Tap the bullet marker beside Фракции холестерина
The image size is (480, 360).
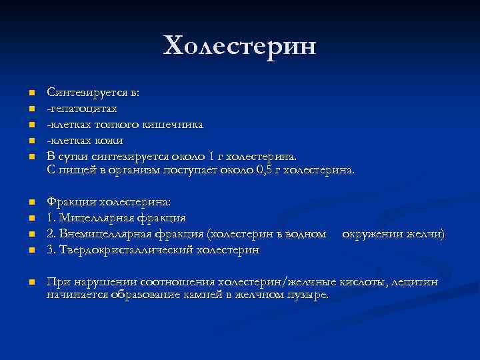31,202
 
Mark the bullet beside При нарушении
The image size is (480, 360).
31,283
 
